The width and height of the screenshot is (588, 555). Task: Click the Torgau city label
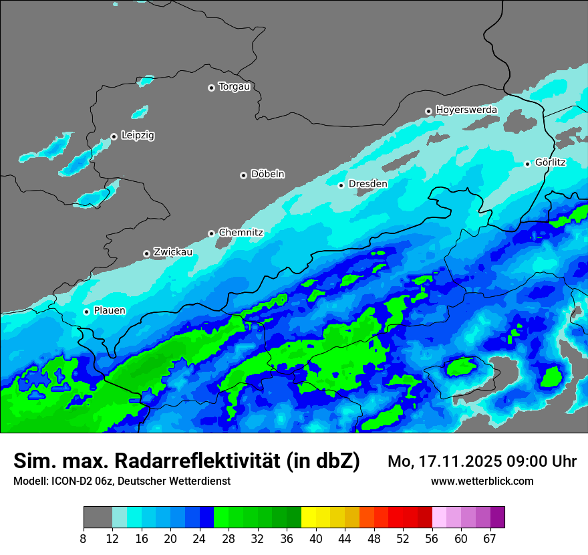(234, 87)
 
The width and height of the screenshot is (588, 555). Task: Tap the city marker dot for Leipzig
(114, 136)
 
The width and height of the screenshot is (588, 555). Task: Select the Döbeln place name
(267, 175)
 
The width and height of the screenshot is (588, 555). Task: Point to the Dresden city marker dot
(341, 185)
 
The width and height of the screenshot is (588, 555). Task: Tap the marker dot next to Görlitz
(527, 164)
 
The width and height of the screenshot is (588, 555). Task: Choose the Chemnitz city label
(241, 233)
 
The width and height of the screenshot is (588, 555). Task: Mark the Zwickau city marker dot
(146, 253)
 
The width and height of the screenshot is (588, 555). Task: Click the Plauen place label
(110, 311)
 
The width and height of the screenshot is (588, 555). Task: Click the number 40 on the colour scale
(316, 539)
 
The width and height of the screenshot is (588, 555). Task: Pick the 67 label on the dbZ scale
(490, 539)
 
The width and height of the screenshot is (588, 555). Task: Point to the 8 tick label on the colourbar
(83, 539)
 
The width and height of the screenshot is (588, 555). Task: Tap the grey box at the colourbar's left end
(98, 518)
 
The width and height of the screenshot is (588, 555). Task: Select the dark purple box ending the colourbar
(497, 518)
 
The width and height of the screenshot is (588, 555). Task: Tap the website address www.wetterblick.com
(482, 481)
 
